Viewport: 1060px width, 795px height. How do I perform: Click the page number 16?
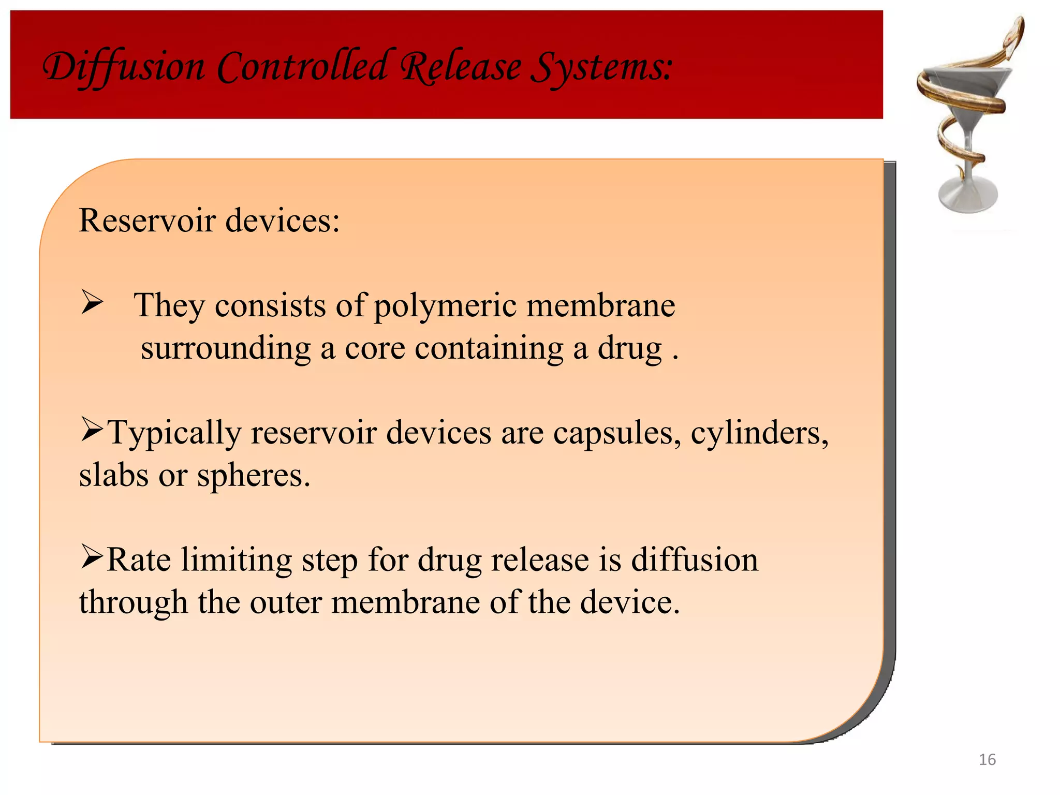click(x=987, y=759)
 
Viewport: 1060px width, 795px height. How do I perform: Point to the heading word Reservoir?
click(x=147, y=220)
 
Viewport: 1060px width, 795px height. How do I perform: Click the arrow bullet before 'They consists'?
click(x=92, y=303)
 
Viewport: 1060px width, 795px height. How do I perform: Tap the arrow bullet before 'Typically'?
click(x=92, y=430)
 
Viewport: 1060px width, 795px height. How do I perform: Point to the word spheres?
click(x=254, y=476)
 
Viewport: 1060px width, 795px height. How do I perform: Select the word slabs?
click(x=113, y=475)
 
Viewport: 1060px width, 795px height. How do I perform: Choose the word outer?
click(x=286, y=602)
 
